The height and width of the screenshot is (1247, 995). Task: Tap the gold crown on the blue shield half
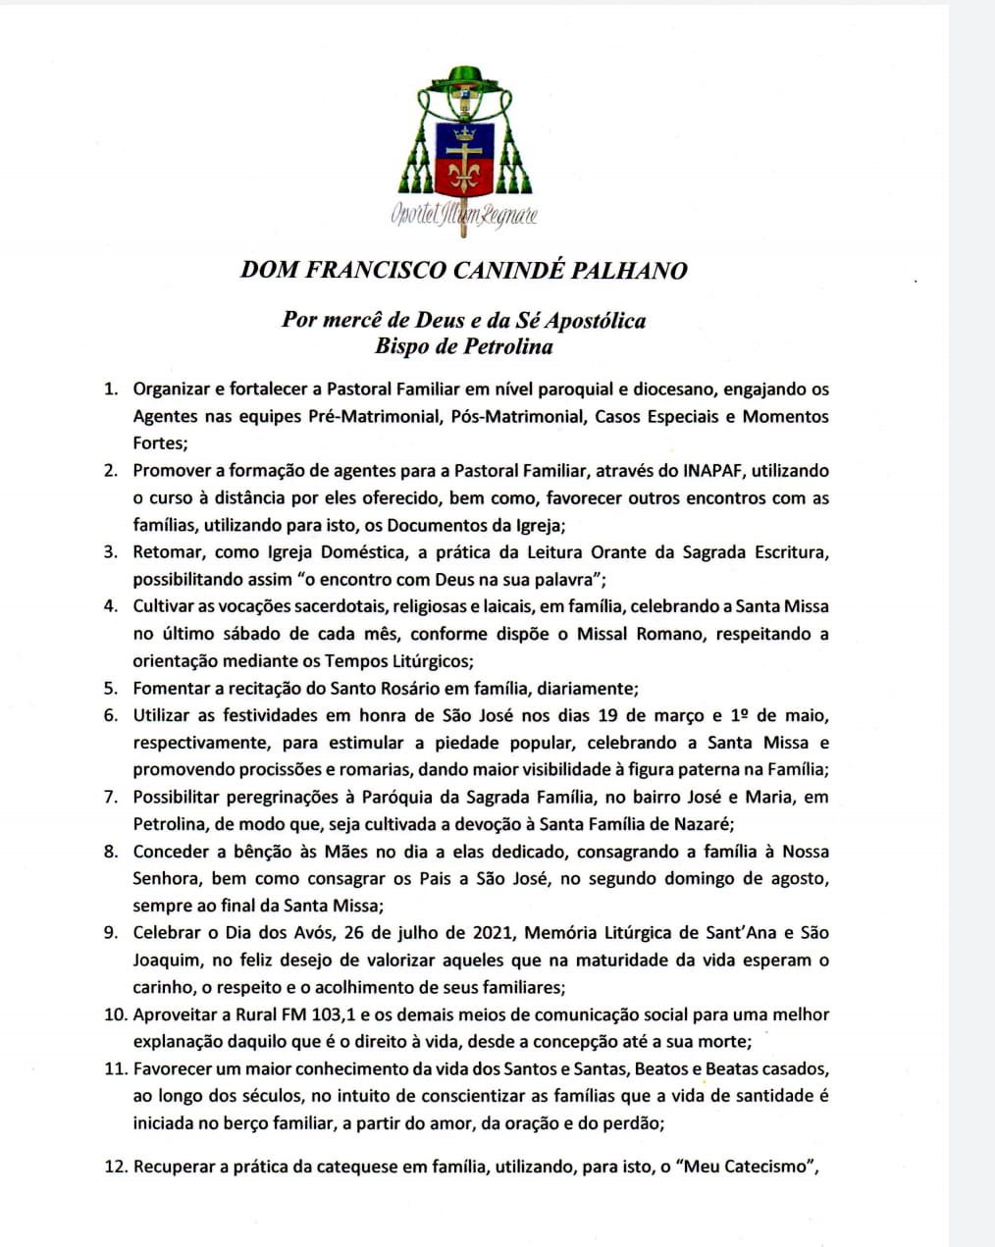463,132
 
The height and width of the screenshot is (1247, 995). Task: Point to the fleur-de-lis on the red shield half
463,176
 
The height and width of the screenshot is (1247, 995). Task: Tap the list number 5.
111,688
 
